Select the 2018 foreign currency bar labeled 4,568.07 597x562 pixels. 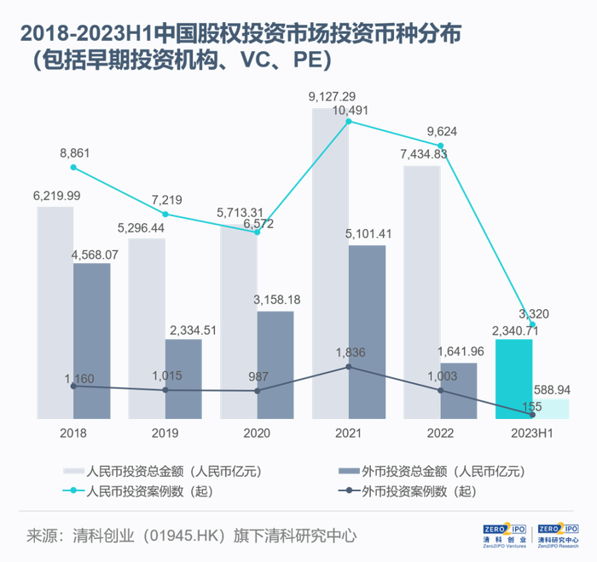(x=92, y=341)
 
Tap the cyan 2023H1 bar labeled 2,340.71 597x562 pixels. (x=514, y=379)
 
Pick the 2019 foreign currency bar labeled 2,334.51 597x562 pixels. (x=183, y=379)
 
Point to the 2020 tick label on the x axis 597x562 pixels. (x=257, y=433)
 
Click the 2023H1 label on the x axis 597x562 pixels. (x=532, y=433)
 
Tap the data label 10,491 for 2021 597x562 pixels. (x=351, y=110)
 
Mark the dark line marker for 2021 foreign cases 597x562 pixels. (x=349, y=367)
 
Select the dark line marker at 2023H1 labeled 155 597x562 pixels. (x=533, y=416)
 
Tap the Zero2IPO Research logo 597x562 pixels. (x=559, y=535)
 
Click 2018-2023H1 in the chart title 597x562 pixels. (x=82, y=34)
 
